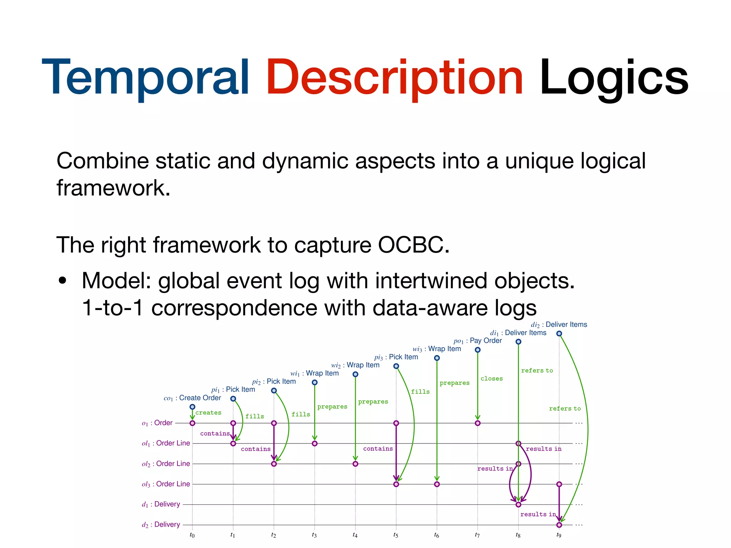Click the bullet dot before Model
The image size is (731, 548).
point(63,280)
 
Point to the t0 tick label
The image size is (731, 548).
point(192,535)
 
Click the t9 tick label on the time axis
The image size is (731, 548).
point(559,535)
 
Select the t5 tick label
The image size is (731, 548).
point(396,535)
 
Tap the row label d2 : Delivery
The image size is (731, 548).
point(161,524)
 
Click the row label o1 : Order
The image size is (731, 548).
point(157,423)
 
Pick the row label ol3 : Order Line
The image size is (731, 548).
point(166,484)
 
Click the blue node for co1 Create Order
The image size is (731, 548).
point(192,407)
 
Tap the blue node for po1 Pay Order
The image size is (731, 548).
point(478,350)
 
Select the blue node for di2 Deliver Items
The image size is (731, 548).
point(559,334)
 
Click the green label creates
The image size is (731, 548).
point(208,413)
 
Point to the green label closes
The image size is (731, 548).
point(491,379)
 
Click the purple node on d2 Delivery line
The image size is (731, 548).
point(559,525)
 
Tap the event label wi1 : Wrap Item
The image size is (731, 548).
point(314,374)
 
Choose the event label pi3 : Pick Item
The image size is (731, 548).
point(396,357)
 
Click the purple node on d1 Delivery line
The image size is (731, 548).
point(518,504)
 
